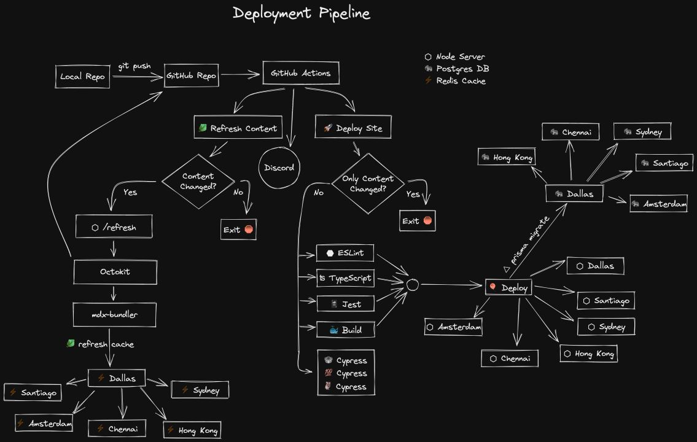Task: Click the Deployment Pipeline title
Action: pos(301,13)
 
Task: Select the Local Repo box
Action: pos(82,77)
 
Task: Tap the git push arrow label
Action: pos(134,66)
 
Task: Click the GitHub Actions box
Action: pos(300,73)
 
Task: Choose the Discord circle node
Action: pos(279,168)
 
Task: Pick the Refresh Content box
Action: pos(238,128)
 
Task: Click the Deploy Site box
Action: pos(352,128)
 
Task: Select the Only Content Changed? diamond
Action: pos(368,184)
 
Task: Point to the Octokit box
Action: pos(115,271)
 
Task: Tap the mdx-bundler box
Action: pos(114,314)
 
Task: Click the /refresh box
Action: pos(114,227)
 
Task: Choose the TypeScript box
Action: pos(345,278)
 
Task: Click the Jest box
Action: pos(345,304)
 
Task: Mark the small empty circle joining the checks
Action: pos(413,284)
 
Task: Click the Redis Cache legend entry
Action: pos(455,81)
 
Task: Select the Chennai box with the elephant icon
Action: pos(570,131)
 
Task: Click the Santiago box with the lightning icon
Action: pos(33,392)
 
